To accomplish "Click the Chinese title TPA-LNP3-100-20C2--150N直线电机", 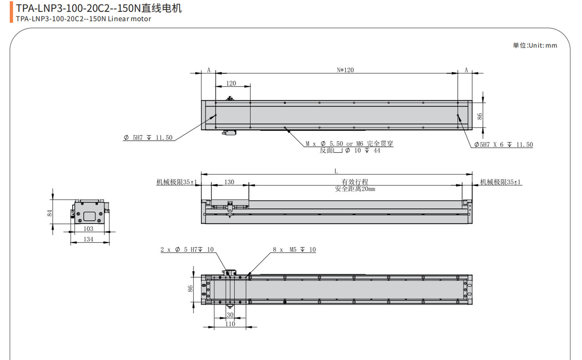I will pos(99,8).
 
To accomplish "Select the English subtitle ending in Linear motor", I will pos(84,19).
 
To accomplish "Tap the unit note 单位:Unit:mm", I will pos(535,45).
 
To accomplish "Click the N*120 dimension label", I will pos(345,70).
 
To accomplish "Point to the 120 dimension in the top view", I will pos(231,83).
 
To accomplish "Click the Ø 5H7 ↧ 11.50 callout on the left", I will pos(148,138).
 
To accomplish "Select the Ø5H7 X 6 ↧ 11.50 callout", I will pos(503,144).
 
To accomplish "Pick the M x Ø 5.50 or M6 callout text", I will pos(349,144).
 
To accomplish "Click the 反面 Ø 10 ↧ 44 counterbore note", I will pos(350,150).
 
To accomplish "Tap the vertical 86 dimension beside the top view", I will pos(479,116).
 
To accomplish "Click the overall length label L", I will pos(336,171).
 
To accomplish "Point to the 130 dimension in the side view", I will pos(229,182).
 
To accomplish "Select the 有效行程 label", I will pos(355,182).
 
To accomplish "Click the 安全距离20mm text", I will pos(355,189).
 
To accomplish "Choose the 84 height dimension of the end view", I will pos(50,213).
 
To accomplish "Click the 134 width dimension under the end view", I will pos(89,239).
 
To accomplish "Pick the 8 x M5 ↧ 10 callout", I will pos(294,250).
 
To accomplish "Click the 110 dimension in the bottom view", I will pos(230,324).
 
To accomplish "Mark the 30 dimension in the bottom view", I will pos(230,315).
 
